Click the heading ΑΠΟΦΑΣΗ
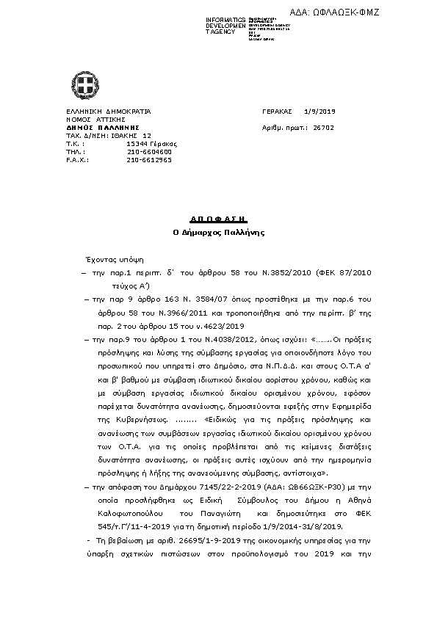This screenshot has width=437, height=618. pos(218,219)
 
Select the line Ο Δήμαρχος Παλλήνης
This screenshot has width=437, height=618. pos(218,232)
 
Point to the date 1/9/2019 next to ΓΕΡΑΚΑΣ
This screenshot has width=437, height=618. pos(319,111)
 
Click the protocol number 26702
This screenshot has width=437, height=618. pos(324,127)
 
